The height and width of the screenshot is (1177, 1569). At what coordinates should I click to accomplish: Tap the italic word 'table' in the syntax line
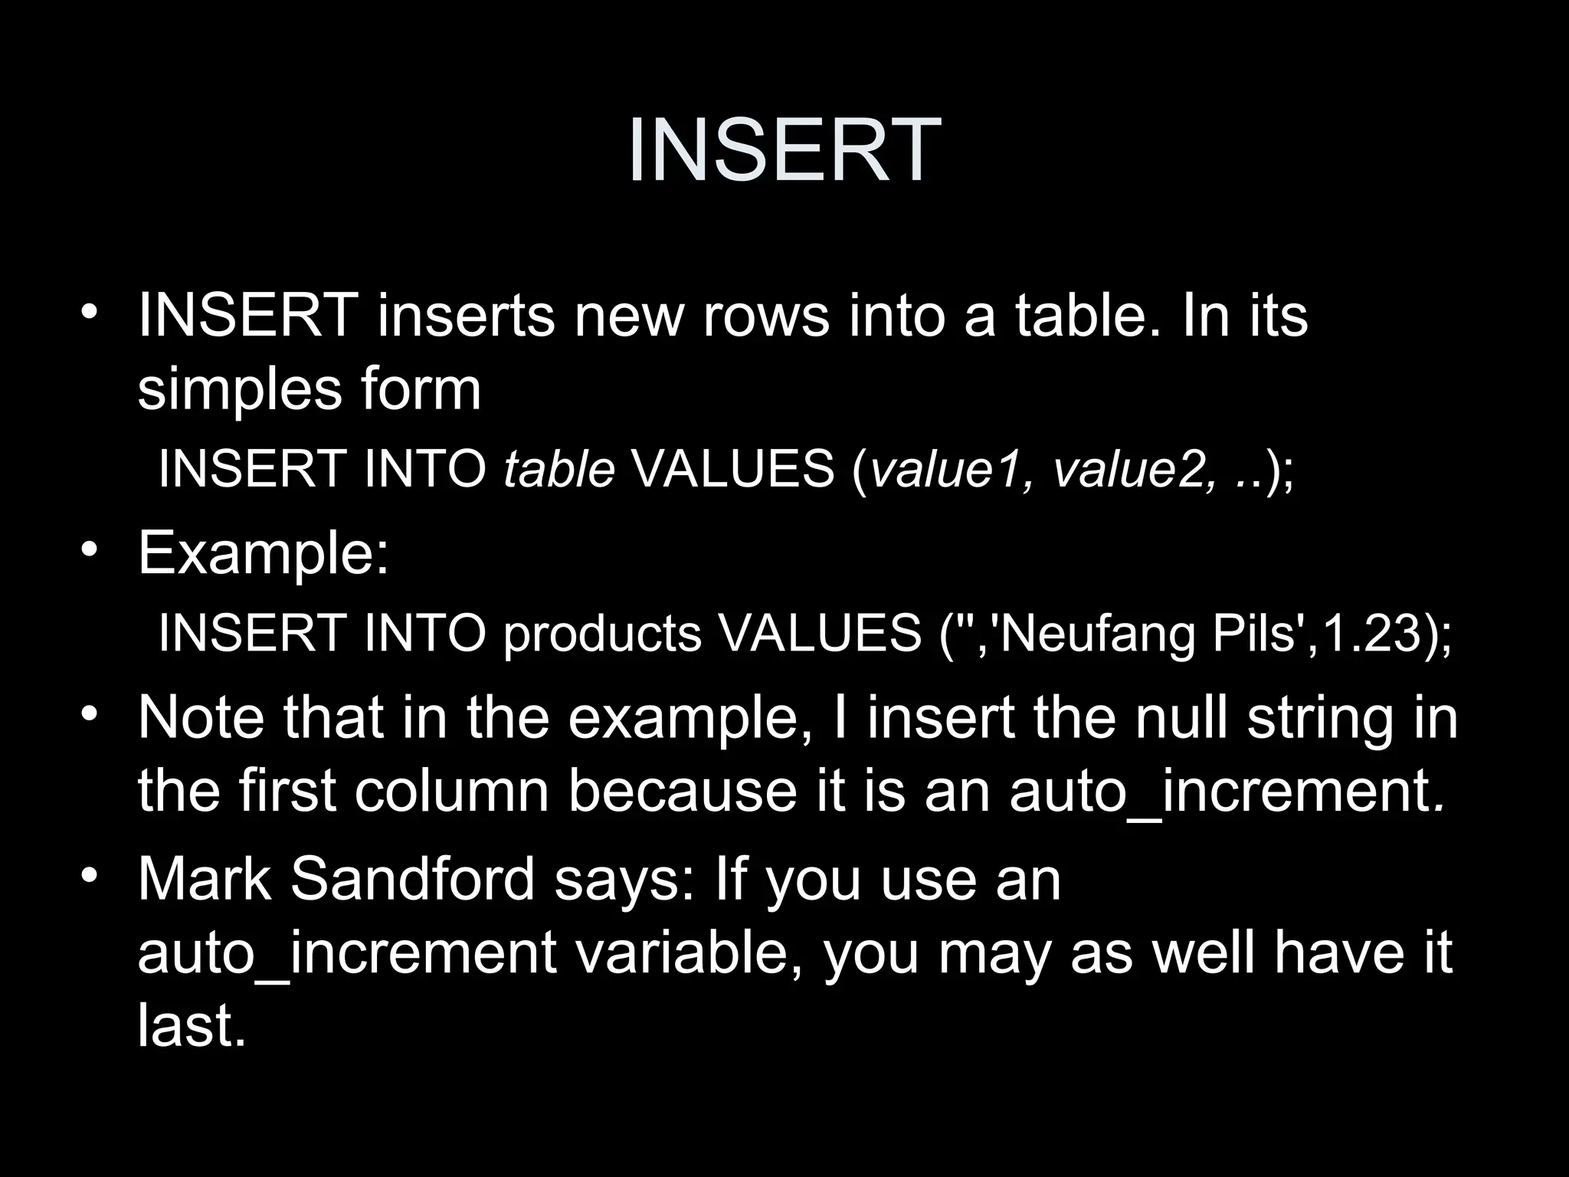[559, 468]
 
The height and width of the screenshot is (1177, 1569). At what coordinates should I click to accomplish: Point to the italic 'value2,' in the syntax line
[1133, 468]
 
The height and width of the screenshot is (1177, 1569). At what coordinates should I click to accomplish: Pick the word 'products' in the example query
[602, 634]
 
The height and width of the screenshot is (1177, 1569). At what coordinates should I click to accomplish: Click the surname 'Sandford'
[413, 879]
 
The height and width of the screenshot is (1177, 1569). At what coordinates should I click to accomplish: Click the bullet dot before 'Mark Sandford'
[90, 875]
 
